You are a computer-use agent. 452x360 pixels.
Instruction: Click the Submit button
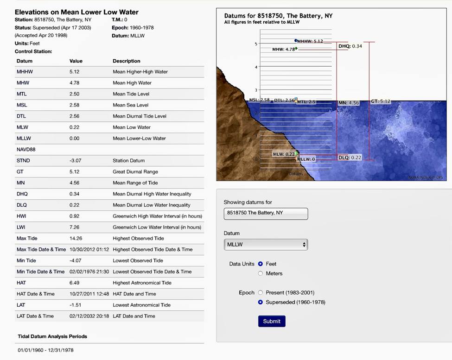click(x=272, y=321)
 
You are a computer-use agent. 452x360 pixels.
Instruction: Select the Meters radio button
click(x=261, y=273)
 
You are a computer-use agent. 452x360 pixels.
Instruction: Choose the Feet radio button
click(x=261, y=264)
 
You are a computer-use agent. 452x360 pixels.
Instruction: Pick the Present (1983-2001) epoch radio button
click(x=261, y=292)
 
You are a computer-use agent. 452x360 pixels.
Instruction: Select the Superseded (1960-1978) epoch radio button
click(x=261, y=302)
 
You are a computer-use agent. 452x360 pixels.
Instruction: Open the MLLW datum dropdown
click(x=266, y=244)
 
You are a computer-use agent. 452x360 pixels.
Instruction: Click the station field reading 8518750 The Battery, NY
click(x=266, y=214)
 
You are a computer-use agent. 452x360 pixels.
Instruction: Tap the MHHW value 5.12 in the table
click(x=76, y=72)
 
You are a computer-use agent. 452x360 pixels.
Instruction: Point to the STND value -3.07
click(x=76, y=160)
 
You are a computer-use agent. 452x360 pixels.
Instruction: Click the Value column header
click(x=76, y=61)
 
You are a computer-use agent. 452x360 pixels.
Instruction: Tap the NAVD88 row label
click(x=26, y=150)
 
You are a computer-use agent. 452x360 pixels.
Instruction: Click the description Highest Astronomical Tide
click(x=142, y=283)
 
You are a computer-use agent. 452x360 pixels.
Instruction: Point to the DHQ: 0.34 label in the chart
click(x=350, y=46)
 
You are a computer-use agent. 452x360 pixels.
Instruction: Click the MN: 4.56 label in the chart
click(x=349, y=103)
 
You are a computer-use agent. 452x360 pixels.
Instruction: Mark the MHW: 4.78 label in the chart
click(x=283, y=49)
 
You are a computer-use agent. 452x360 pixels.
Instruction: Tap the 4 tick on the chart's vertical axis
click(x=255, y=67)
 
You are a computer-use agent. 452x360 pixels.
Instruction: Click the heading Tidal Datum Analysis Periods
click(x=52, y=336)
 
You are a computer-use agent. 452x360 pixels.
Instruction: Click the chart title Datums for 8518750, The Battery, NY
click(x=278, y=16)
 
